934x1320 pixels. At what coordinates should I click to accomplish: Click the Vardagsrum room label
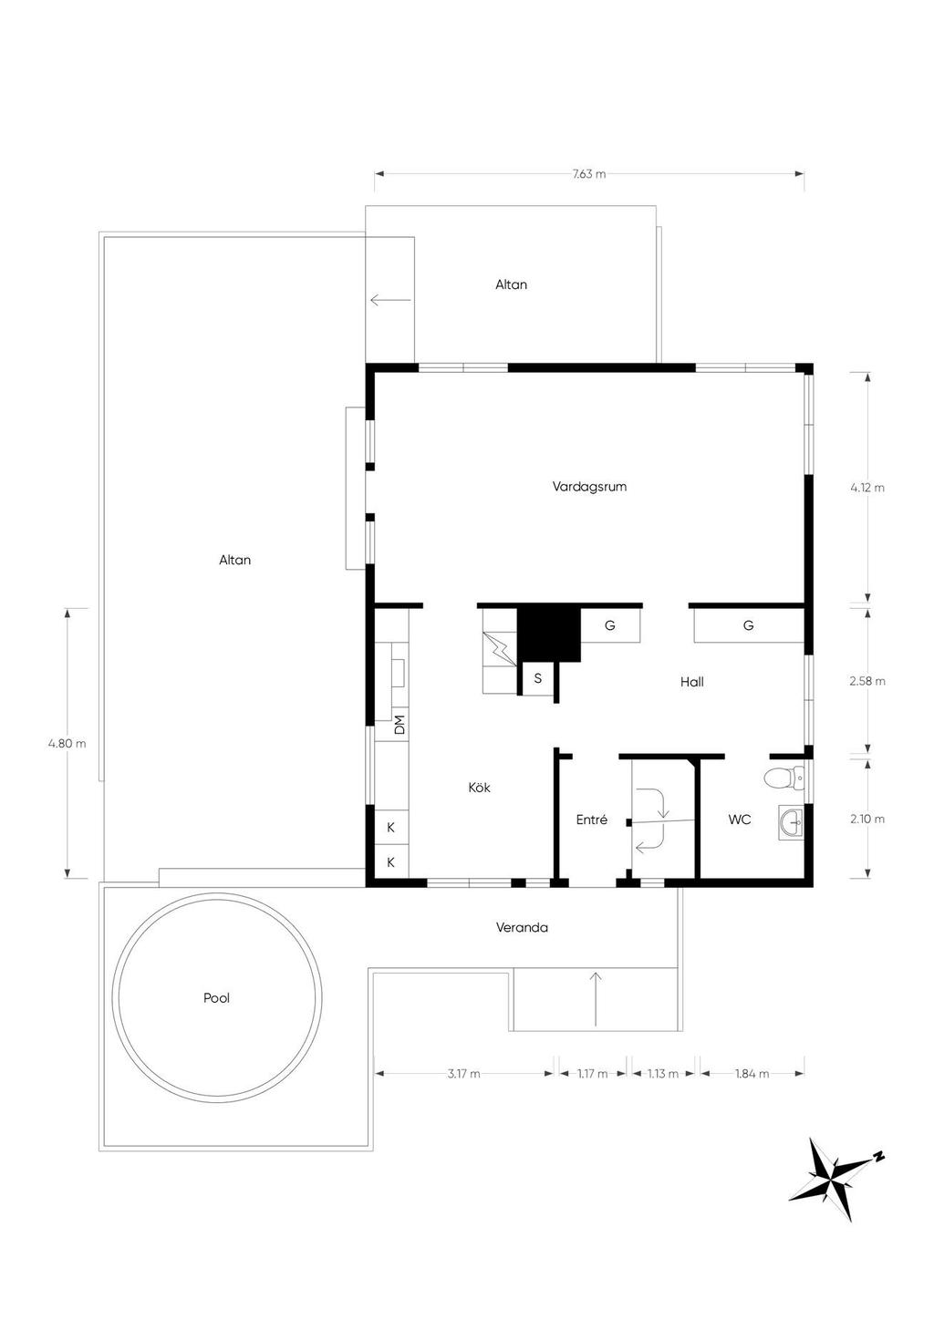pos(589,487)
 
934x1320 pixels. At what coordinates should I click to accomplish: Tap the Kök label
pos(479,788)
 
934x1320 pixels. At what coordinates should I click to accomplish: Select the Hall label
pos(691,682)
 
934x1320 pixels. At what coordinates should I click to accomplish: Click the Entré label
pos(591,820)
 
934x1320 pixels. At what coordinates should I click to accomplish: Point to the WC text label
pos(740,820)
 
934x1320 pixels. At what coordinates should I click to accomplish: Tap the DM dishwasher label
pos(400,724)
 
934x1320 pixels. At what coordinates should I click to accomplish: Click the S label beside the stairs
pos(538,678)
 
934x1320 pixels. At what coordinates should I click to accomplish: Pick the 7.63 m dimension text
pos(588,174)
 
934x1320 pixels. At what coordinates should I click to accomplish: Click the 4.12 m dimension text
pos(867,488)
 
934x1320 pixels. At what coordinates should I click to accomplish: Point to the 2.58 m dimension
pos(867,681)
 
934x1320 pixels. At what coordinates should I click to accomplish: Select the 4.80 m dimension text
pos(67,744)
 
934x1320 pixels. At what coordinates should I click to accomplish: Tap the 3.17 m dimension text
pos(463,1074)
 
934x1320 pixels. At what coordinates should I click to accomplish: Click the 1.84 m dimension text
pos(752,1074)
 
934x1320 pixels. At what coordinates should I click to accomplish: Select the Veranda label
pos(522,927)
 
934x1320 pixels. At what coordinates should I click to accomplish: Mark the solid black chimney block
pos(548,634)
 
